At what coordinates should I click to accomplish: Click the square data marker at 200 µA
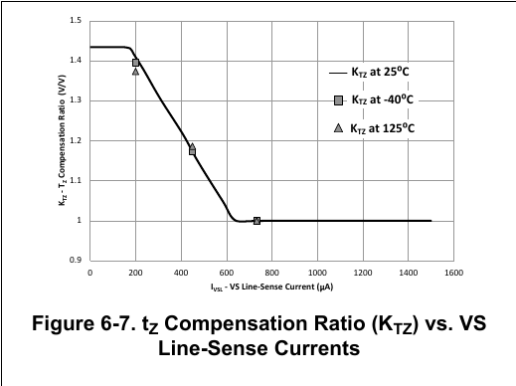(x=135, y=63)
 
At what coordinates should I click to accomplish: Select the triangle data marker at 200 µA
(x=135, y=72)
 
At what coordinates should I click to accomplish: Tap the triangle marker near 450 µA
(x=192, y=146)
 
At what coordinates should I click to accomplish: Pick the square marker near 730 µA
(x=257, y=221)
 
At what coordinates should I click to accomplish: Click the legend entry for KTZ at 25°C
(x=369, y=72)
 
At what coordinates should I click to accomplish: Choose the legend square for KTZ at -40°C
(x=338, y=100)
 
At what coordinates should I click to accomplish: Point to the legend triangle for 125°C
(x=338, y=128)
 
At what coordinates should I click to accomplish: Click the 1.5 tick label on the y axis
(x=76, y=21)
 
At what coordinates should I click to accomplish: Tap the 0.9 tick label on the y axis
(x=76, y=261)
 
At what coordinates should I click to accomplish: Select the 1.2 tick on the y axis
(x=76, y=140)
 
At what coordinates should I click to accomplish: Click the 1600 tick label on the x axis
(x=453, y=273)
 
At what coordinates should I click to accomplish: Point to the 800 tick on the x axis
(x=271, y=273)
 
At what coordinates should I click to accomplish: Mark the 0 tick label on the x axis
(x=89, y=273)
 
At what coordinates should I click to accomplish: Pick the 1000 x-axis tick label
(x=317, y=273)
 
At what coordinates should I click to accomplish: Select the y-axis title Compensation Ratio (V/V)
(x=63, y=132)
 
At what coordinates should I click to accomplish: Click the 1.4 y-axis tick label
(x=76, y=61)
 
